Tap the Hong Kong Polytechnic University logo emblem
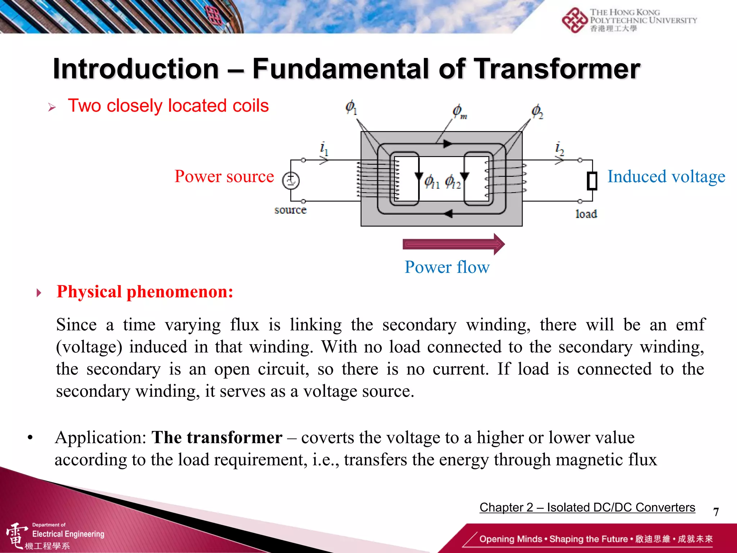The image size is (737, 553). coord(575,21)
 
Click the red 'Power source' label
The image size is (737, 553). coord(224,176)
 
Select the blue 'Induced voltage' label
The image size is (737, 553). coord(666,176)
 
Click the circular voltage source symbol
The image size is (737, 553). coord(291,180)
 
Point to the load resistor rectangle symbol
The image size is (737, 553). coord(592,181)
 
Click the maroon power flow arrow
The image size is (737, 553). coord(453,244)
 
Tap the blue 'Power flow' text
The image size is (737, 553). coord(447,267)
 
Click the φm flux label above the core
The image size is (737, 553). coord(459,111)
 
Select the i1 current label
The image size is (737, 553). coord(324,148)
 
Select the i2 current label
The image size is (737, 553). coord(559,148)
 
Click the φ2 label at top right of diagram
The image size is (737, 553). coord(537,111)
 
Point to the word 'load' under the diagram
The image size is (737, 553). coord(586,214)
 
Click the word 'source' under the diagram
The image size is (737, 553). coord(290,210)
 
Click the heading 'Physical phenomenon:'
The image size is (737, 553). coord(145,292)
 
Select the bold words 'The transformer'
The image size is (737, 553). coord(217,437)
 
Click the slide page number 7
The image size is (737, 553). coord(716,512)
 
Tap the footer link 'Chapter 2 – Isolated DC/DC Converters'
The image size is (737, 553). coord(587,507)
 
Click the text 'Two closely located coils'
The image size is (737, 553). coord(168,106)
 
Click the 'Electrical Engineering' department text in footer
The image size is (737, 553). coord(68,534)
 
